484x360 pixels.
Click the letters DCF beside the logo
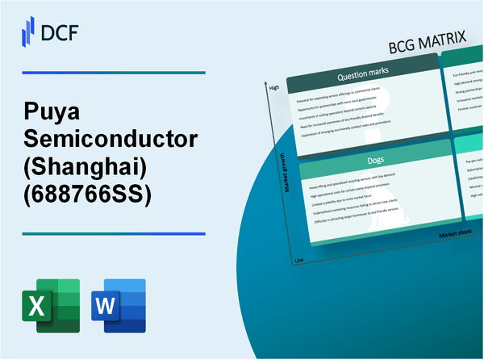coord(61,31)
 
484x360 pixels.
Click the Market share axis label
coord(455,234)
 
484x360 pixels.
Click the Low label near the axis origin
coord(300,261)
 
